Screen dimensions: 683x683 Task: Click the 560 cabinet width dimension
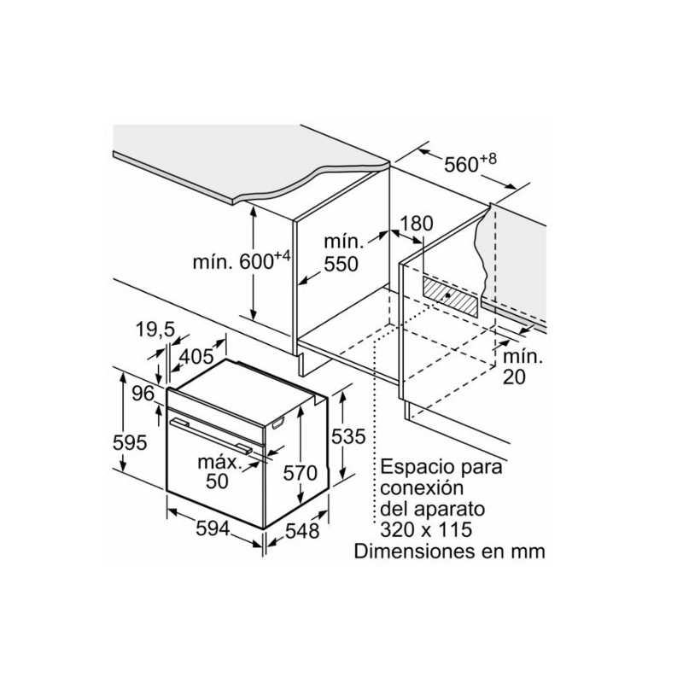[x=470, y=163]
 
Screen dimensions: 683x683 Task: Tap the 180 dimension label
[x=417, y=224]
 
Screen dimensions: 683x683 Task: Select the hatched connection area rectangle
[x=450, y=296]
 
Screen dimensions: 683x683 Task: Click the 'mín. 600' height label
[x=242, y=261]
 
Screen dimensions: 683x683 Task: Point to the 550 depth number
[x=341, y=265]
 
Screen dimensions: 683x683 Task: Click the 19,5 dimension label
[x=155, y=330]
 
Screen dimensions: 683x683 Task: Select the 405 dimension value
[x=197, y=357]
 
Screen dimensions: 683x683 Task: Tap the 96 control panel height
[x=143, y=394]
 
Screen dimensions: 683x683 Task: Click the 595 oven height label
[x=130, y=443]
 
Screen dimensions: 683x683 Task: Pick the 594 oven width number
[x=213, y=528]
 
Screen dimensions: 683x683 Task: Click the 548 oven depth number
[x=302, y=530]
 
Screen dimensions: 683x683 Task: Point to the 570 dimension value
[x=301, y=473]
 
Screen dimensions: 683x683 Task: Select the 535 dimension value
[x=348, y=436]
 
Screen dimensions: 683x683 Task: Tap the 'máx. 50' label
[x=219, y=472]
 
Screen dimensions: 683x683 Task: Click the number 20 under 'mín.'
[x=515, y=377]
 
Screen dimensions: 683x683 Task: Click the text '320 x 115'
[x=426, y=529]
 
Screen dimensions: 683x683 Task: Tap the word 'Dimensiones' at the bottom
[x=415, y=551]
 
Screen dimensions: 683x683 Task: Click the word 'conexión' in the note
[x=422, y=487]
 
